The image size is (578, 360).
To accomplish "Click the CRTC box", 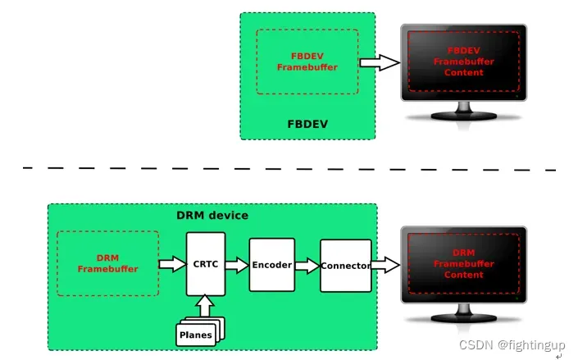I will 206,264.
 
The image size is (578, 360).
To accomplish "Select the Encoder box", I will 271,265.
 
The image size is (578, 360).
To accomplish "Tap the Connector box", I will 345,265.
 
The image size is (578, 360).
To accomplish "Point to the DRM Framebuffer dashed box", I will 107,262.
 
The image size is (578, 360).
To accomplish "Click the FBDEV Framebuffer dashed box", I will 307,62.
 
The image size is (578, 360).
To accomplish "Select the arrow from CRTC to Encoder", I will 237,265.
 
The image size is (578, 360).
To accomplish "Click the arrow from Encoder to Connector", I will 307,265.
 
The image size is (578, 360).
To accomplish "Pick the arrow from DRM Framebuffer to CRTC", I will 172,264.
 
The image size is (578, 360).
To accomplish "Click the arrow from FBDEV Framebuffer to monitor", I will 378,62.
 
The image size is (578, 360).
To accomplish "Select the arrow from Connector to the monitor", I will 385,265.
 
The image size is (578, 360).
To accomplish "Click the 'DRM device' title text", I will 212,216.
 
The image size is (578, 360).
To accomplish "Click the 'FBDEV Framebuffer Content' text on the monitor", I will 463,62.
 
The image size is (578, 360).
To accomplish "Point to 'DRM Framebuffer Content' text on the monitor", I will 463,264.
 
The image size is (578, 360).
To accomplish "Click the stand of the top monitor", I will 464,112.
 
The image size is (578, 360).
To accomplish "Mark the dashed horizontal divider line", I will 287,169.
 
